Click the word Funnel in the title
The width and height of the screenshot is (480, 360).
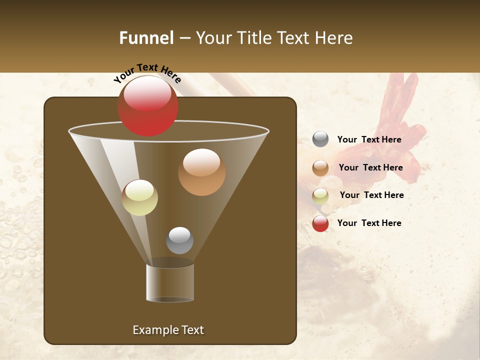pyautogui.click(x=146, y=38)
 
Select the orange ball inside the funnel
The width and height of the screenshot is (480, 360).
pyautogui.click(x=201, y=172)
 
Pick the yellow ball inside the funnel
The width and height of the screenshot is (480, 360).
pyautogui.click(x=139, y=198)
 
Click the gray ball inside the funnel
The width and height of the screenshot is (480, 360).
pyautogui.click(x=179, y=240)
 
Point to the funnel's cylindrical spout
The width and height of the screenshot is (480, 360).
pyautogui.click(x=170, y=282)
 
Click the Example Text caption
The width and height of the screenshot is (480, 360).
pyautogui.click(x=168, y=330)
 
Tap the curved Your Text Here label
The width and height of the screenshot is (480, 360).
pyautogui.click(x=147, y=73)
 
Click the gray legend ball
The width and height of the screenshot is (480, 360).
pyautogui.click(x=320, y=139)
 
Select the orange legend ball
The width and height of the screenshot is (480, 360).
pyautogui.click(x=320, y=168)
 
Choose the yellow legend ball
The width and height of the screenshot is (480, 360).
pyautogui.click(x=320, y=196)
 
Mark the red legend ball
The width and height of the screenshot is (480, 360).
pyautogui.click(x=320, y=223)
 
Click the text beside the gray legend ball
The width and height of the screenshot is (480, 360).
pyautogui.click(x=369, y=140)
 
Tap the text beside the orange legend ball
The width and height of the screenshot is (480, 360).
pyautogui.click(x=370, y=168)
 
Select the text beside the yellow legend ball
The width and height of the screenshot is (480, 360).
pyautogui.click(x=371, y=195)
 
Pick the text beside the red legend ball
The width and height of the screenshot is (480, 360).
pyautogui.click(x=369, y=223)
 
